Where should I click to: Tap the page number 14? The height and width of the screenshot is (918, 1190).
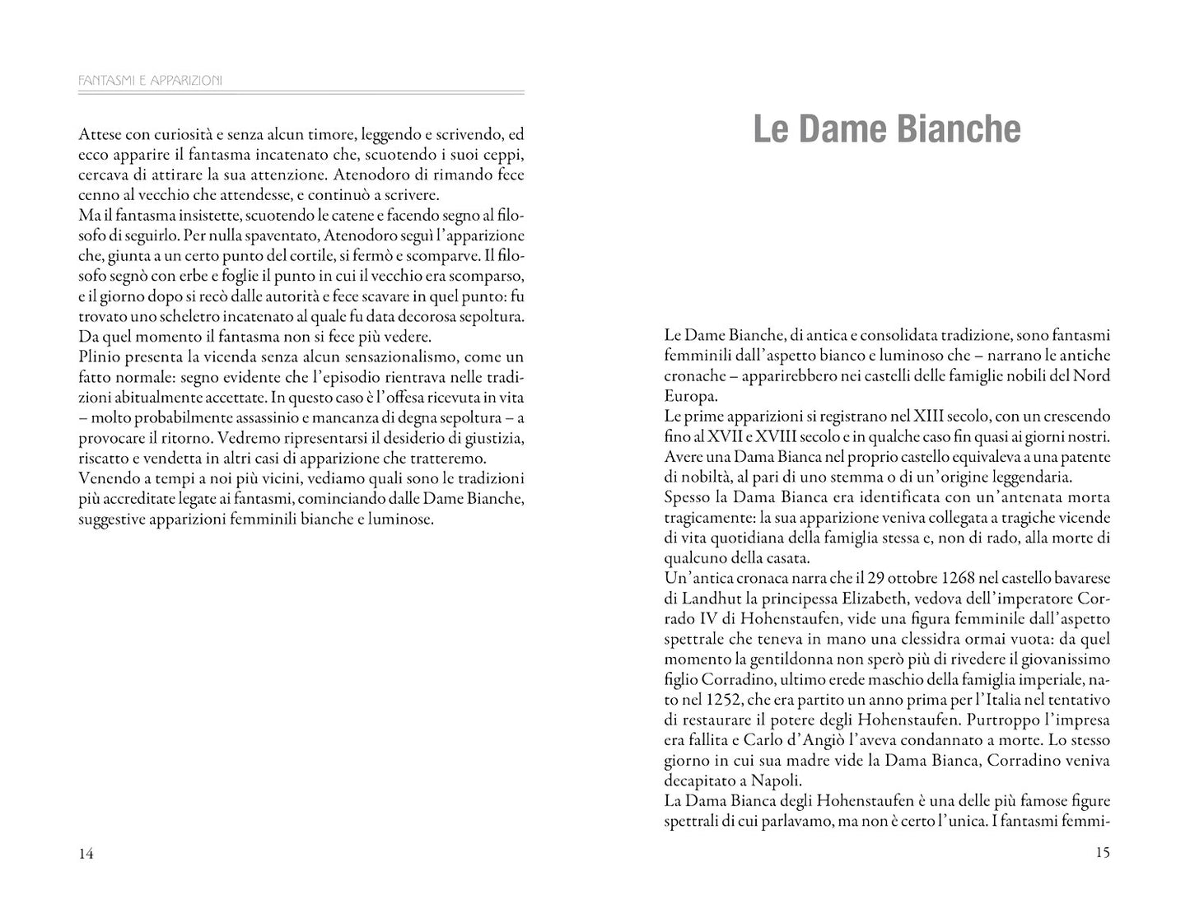pyautogui.click(x=86, y=854)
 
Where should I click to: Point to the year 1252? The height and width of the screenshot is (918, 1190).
pyautogui.click(x=719, y=699)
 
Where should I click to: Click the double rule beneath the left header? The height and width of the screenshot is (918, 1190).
pyautogui.click(x=301, y=92)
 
